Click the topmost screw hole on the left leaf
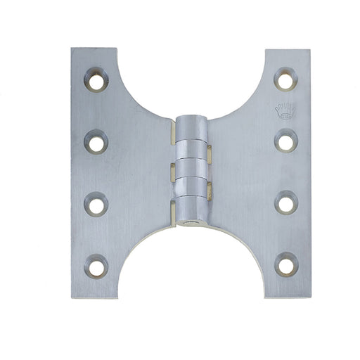pyautogui.click(x=96, y=80)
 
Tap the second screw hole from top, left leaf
pyautogui.click(x=96, y=143)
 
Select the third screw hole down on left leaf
pyautogui.click(x=96, y=205)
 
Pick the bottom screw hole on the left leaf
pyautogui.click(x=96, y=265)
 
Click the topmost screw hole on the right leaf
pyautogui.click(x=285, y=79)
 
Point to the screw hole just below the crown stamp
pyautogui.click(x=285, y=141)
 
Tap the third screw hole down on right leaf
pyautogui.click(x=285, y=203)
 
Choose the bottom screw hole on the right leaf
pyautogui.click(x=285, y=265)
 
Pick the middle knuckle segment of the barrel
pyautogui.click(x=192, y=168)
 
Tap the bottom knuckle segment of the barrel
pyautogui.click(x=192, y=207)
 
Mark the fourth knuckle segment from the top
pyautogui.click(x=192, y=187)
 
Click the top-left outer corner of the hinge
pyautogui.click(x=72, y=49)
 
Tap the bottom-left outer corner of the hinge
pyautogui.click(x=72, y=297)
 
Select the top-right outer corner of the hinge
pyautogui.click(x=309, y=50)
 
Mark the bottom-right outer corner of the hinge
pyautogui.click(x=309, y=297)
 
